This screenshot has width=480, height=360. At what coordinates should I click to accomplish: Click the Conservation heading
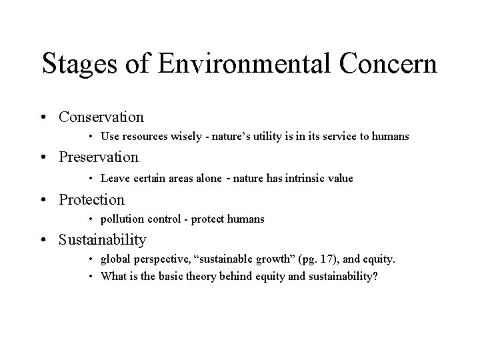tap(101, 117)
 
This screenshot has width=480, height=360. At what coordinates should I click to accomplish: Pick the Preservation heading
tap(99, 158)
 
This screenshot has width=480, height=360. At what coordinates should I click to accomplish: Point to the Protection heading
tap(91, 199)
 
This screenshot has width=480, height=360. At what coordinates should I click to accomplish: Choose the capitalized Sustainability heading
tap(103, 239)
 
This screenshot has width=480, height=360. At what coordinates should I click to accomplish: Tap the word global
tap(115, 259)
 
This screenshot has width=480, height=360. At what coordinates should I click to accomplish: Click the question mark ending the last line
tap(375, 275)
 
